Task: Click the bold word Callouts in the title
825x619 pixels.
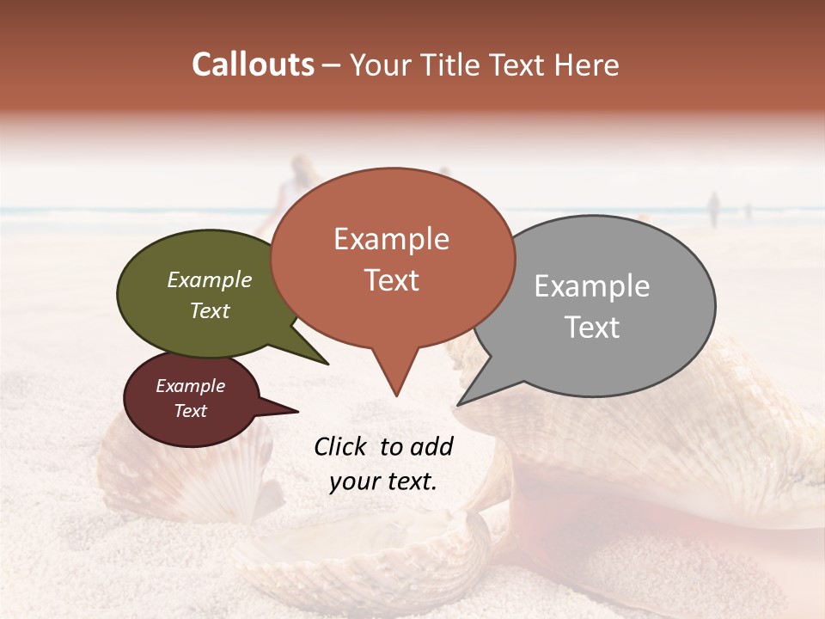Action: pyautogui.click(x=253, y=64)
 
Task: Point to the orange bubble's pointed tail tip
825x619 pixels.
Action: pyautogui.click(x=396, y=395)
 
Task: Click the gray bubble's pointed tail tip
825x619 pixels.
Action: pyautogui.click(x=458, y=405)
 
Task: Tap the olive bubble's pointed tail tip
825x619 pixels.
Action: pyautogui.click(x=328, y=365)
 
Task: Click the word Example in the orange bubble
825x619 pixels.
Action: pyautogui.click(x=391, y=239)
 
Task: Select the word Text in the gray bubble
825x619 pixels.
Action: pyautogui.click(x=592, y=328)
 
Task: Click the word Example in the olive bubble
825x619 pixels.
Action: pyautogui.click(x=209, y=280)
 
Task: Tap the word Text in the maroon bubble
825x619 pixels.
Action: pyautogui.click(x=191, y=411)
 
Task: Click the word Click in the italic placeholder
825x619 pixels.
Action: pyautogui.click(x=340, y=446)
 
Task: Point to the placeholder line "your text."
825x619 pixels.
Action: pyautogui.click(x=382, y=481)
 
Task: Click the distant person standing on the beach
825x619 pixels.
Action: pyautogui.click(x=712, y=208)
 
